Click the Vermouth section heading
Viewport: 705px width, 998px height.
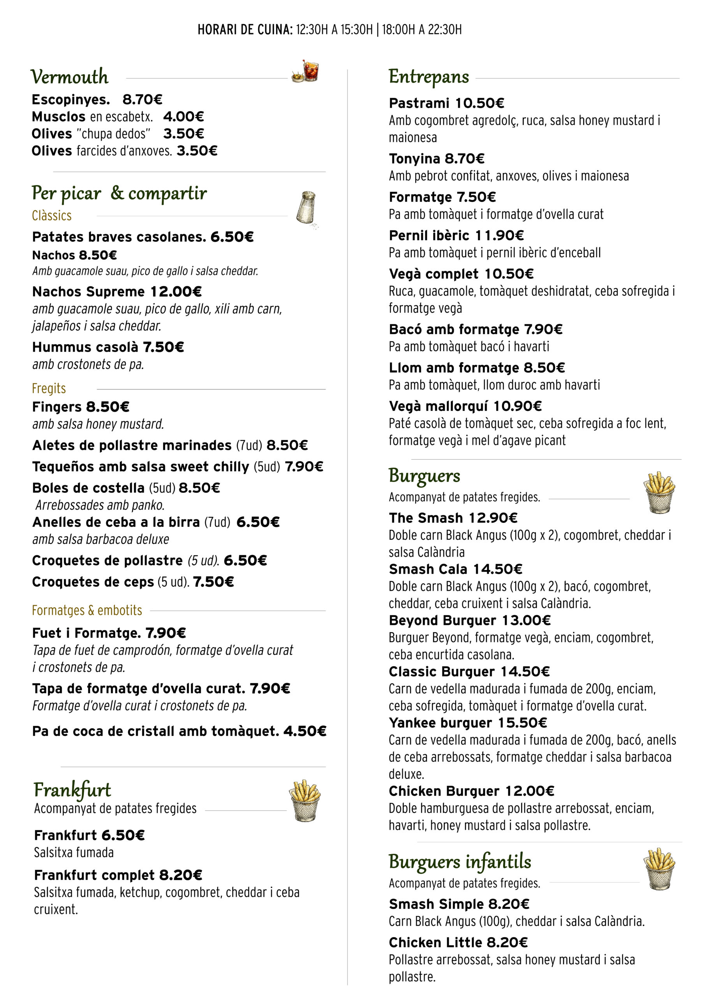[69, 77]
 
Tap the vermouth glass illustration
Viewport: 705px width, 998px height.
[306, 71]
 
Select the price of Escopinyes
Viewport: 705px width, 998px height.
[142, 99]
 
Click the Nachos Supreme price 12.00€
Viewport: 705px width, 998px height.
[176, 292]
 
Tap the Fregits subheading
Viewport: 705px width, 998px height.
[49, 388]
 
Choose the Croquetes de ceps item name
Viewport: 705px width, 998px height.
[93, 582]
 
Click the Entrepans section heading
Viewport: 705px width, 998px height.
[429, 77]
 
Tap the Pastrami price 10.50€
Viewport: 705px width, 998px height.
[479, 103]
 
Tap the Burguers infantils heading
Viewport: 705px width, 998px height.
[460, 862]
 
